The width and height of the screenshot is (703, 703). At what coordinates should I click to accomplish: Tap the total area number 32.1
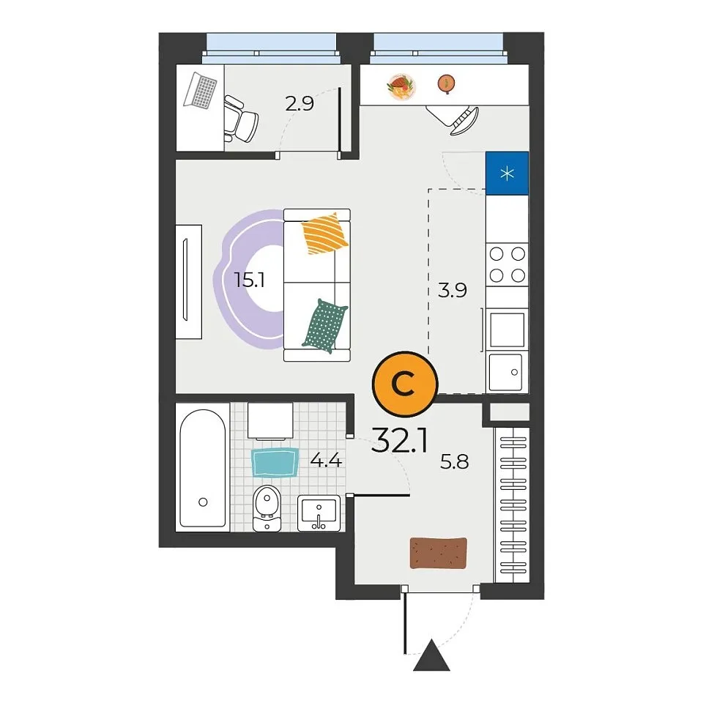(x=400, y=440)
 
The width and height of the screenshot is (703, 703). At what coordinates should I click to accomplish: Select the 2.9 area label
(x=300, y=104)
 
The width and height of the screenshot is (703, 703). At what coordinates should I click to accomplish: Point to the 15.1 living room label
(x=249, y=280)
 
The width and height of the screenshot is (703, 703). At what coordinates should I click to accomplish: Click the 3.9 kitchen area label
(x=453, y=290)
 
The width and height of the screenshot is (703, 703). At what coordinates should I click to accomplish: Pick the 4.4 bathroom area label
(x=327, y=461)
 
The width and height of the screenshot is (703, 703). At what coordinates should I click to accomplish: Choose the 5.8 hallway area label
(x=455, y=461)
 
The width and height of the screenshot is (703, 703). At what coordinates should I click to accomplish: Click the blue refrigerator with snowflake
(x=507, y=173)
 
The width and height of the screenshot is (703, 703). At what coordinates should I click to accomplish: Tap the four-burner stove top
(x=507, y=264)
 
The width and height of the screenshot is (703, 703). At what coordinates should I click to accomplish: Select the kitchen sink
(x=506, y=372)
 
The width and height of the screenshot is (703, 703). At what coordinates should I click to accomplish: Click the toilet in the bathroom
(x=267, y=508)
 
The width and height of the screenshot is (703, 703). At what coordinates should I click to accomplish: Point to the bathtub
(x=203, y=468)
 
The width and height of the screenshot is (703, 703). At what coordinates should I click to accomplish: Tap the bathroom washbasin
(x=319, y=513)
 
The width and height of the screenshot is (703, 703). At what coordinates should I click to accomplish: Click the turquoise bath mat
(x=275, y=462)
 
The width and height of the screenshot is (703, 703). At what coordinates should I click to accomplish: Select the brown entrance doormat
(x=439, y=554)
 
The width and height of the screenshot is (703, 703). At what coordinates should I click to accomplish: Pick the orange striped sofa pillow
(x=324, y=234)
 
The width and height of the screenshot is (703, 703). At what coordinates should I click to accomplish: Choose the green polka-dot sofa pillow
(x=325, y=326)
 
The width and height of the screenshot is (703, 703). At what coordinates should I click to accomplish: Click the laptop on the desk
(x=200, y=91)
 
